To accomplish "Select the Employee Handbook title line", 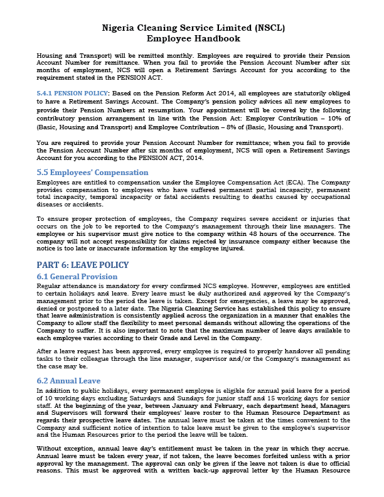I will tap(192, 38).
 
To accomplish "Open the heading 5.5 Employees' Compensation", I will tap(87, 171).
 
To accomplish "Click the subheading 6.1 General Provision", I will tap(77, 277).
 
